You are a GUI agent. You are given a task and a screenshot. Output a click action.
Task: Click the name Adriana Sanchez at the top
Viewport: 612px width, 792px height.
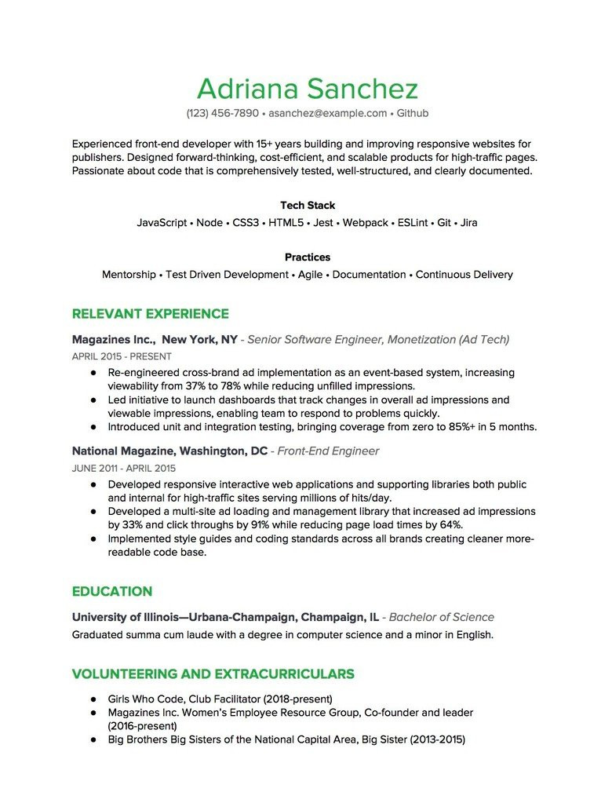pyautogui.click(x=307, y=88)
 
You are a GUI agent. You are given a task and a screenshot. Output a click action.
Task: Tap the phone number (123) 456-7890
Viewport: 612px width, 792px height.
pyautogui.click(x=222, y=113)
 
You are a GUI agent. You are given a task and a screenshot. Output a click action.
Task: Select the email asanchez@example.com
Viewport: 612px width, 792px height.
pyautogui.click(x=327, y=113)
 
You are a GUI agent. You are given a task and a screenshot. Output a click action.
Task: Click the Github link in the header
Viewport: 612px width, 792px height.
pyautogui.click(x=412, y=113)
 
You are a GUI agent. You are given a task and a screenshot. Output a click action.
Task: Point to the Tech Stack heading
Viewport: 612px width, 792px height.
pyautogui.click(x=307, y=206)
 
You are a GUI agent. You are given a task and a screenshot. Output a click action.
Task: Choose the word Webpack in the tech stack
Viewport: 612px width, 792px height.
pyautogui.click(x=365, y=223)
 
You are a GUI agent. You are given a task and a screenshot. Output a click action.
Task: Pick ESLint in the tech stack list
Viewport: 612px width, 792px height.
pyautogui.click(x=412, y=223)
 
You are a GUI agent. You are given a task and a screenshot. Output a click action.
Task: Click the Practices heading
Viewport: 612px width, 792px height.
pyautogui.click(x=307, y=257)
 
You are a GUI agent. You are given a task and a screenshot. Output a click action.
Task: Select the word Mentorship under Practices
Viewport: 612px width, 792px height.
pyautogui.click(x=129, y=275)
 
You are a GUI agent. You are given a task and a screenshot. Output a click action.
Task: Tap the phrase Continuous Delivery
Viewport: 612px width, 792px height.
pyautogui.click(x=464, y=275)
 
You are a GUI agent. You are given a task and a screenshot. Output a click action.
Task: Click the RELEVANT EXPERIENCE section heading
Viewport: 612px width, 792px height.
pyautogui.click(x=150, y=314)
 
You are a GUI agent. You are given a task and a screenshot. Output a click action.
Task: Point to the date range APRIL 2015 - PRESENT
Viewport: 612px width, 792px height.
pyautogui.click(x=121, y=356)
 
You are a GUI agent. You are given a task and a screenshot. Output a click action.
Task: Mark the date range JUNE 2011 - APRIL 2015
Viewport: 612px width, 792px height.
pyautogui.click(x=123, y=468)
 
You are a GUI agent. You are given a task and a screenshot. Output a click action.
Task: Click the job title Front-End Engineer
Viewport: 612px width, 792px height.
pyautogui.click(x=328, y=451)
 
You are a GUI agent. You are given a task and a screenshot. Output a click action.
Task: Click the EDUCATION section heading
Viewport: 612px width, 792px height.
pyautogui.click(x=111, y=592)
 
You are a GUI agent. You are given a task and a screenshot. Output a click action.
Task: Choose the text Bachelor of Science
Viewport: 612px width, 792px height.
pyautogui.click(x=442, y=617)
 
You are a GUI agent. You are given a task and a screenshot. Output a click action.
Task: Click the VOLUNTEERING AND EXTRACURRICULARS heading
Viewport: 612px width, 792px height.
pyautogui.click(x=213, y=674)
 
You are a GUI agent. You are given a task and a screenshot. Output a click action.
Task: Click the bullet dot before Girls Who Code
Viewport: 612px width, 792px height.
pyautogui.click(x=92, y=699)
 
